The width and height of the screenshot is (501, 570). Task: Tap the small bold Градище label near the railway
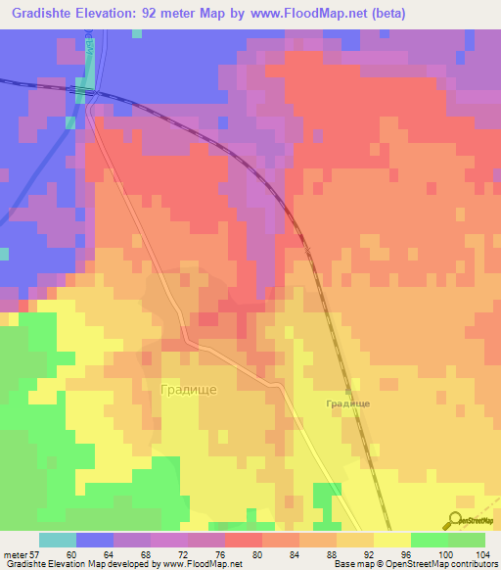click(x=347, y=403)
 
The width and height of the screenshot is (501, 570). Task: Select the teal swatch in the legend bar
click(x=58, y=540)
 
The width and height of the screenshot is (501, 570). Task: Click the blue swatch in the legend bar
click(x=95, y=540)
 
